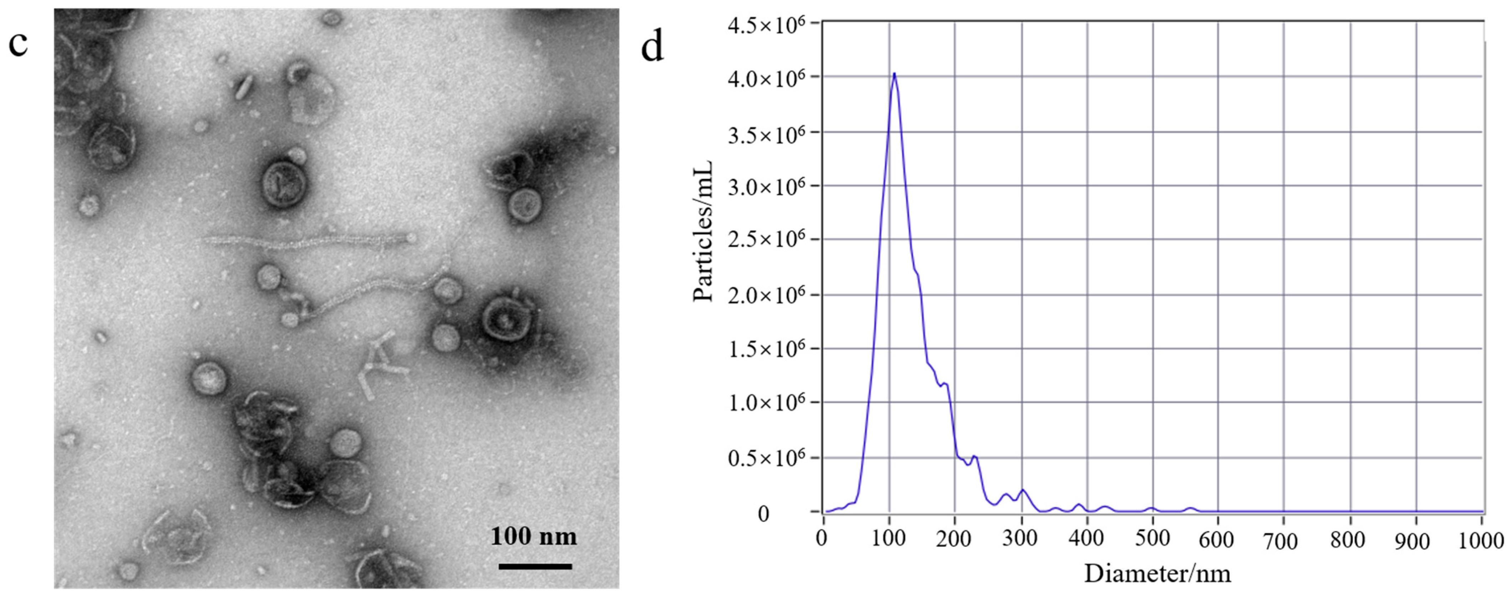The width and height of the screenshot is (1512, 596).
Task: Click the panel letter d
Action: (652, 47)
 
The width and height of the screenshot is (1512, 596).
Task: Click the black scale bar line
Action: (535, 566)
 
